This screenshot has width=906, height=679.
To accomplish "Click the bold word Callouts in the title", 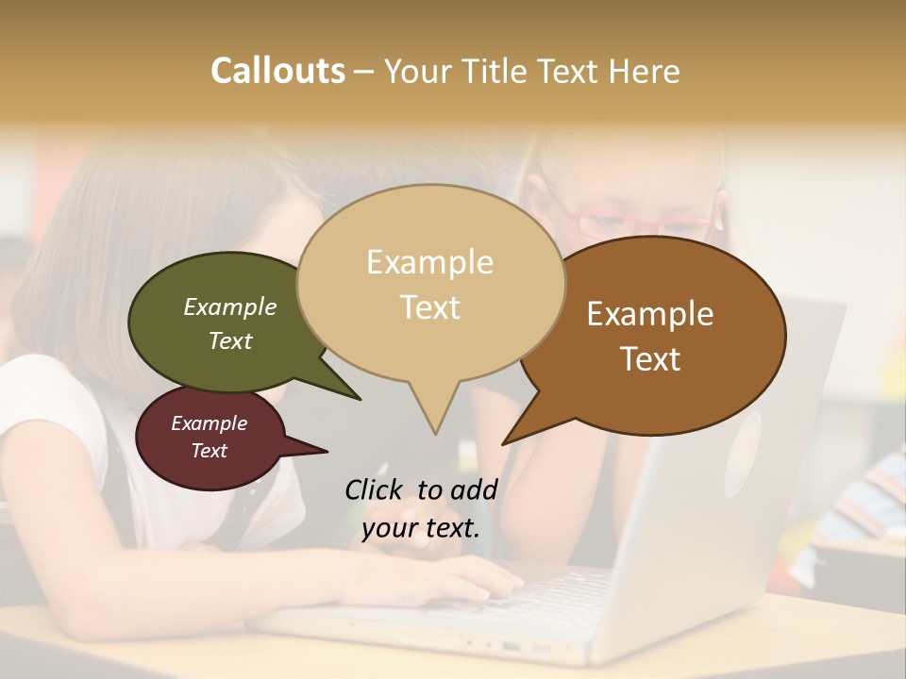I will click(x=277, y=71).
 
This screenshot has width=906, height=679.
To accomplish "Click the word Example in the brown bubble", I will click(x=650, y=314).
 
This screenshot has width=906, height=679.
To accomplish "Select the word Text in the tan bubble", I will click(x=430, y=307).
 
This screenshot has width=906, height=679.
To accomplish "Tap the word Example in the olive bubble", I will click(x=230, y=307).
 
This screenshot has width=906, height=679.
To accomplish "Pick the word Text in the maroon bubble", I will click(x=210, y=451).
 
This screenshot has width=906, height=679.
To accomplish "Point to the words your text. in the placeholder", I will click(x=421, y=528).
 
